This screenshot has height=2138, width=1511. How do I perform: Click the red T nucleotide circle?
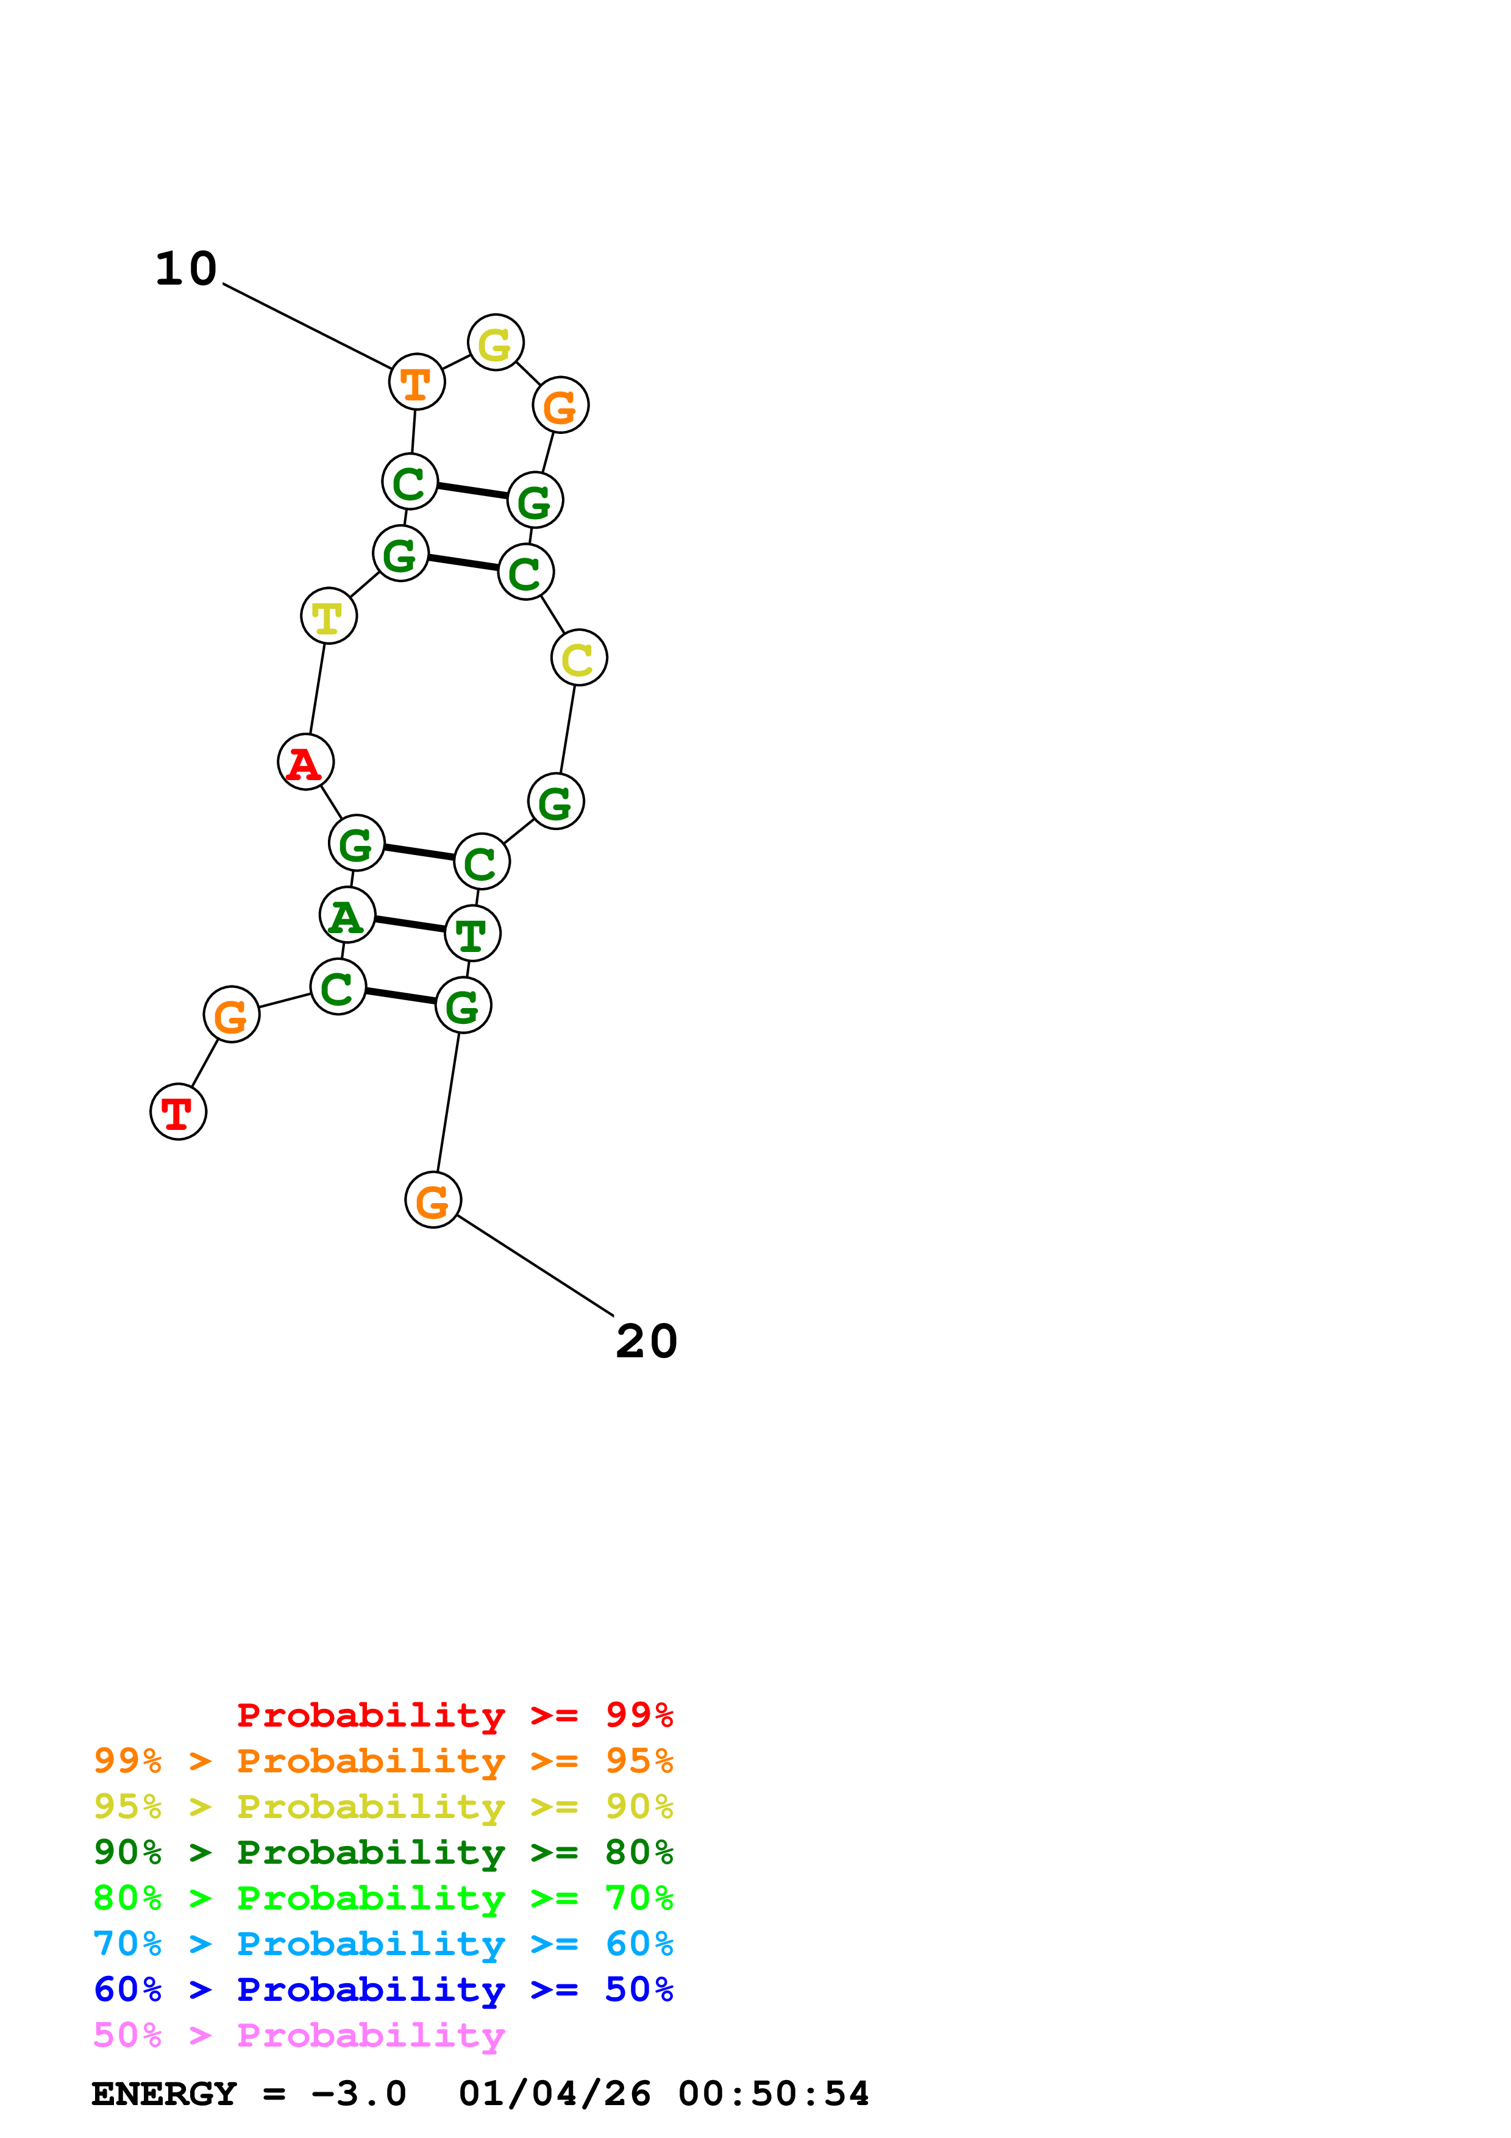(178, 1111)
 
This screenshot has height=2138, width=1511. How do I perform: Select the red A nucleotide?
(305, 762)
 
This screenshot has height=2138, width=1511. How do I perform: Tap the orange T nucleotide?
(416, 381)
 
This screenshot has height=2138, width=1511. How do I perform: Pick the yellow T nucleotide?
(329, 616)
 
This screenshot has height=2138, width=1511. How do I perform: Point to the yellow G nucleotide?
(496, 343)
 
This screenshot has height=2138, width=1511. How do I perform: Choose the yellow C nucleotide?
(579, 658)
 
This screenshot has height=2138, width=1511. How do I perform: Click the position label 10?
(186, 269)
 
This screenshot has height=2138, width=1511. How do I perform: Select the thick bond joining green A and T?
(410, 925)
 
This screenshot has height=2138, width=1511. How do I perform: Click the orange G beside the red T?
(231, 1014)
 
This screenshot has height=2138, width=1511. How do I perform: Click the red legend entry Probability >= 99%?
(454, 1714)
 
